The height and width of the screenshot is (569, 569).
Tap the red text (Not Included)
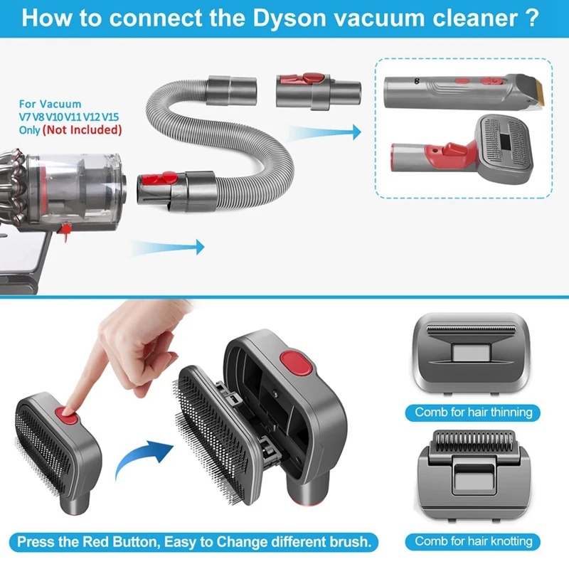(x=82, y=130)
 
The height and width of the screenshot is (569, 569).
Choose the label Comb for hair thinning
(x=473, y=413)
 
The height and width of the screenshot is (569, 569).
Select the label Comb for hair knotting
(x=473, y=541)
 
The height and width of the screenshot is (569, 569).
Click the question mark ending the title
(x=530, y=17)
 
